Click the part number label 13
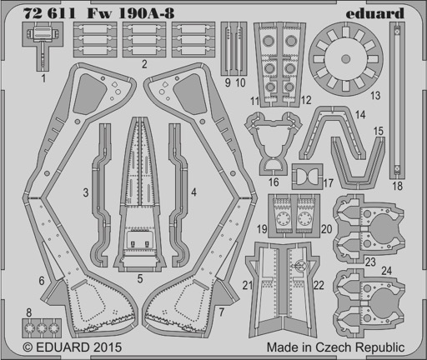[x=375, y=96]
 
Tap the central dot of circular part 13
[x=345, y=58]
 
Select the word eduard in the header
[x=375, y=13]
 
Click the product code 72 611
[x=49, y=13]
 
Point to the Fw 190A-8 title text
[x=131, y=13]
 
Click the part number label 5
[x=140, y=278]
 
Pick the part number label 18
[x=398, y=186]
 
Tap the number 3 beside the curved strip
[x=86, y=192]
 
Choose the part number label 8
[x=29, y=312]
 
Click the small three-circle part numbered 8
[x=42, y=328]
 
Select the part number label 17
[x=329, y=183]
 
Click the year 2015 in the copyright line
[x=108, y=347]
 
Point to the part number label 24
[x=387, y=271]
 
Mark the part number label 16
[x=274, y=182]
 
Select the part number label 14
[x=360, y=114]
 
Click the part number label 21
[x=247, y=285]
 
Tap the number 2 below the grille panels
[x=144, y=64]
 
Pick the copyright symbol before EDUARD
[x=28, y=347]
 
